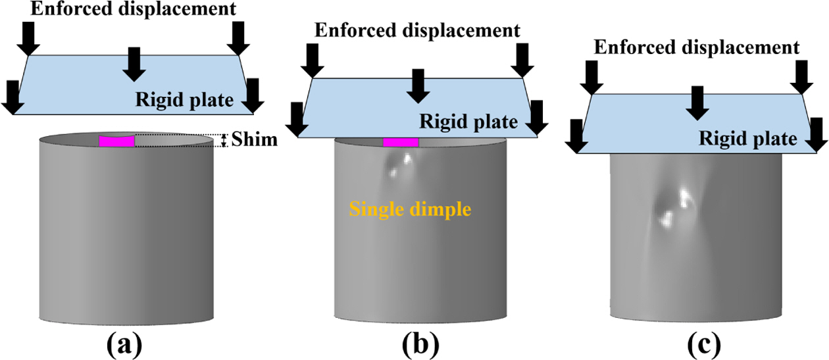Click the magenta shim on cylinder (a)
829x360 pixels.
pyautogui.click(x=117, y=141)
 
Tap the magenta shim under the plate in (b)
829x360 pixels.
pyautogui.click(x=401, y=142)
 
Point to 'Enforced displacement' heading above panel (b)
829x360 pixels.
pyautogui.click(x=417, y=30)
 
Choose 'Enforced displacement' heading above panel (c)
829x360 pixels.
pyautogui.click(x=697, y=47)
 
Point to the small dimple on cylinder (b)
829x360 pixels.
pyautogui.click(x=400, y=165)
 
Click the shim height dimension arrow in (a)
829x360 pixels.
pyautogui.click(x=224, y=140)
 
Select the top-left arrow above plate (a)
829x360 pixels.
pyautogui.click(x=29, y=39)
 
